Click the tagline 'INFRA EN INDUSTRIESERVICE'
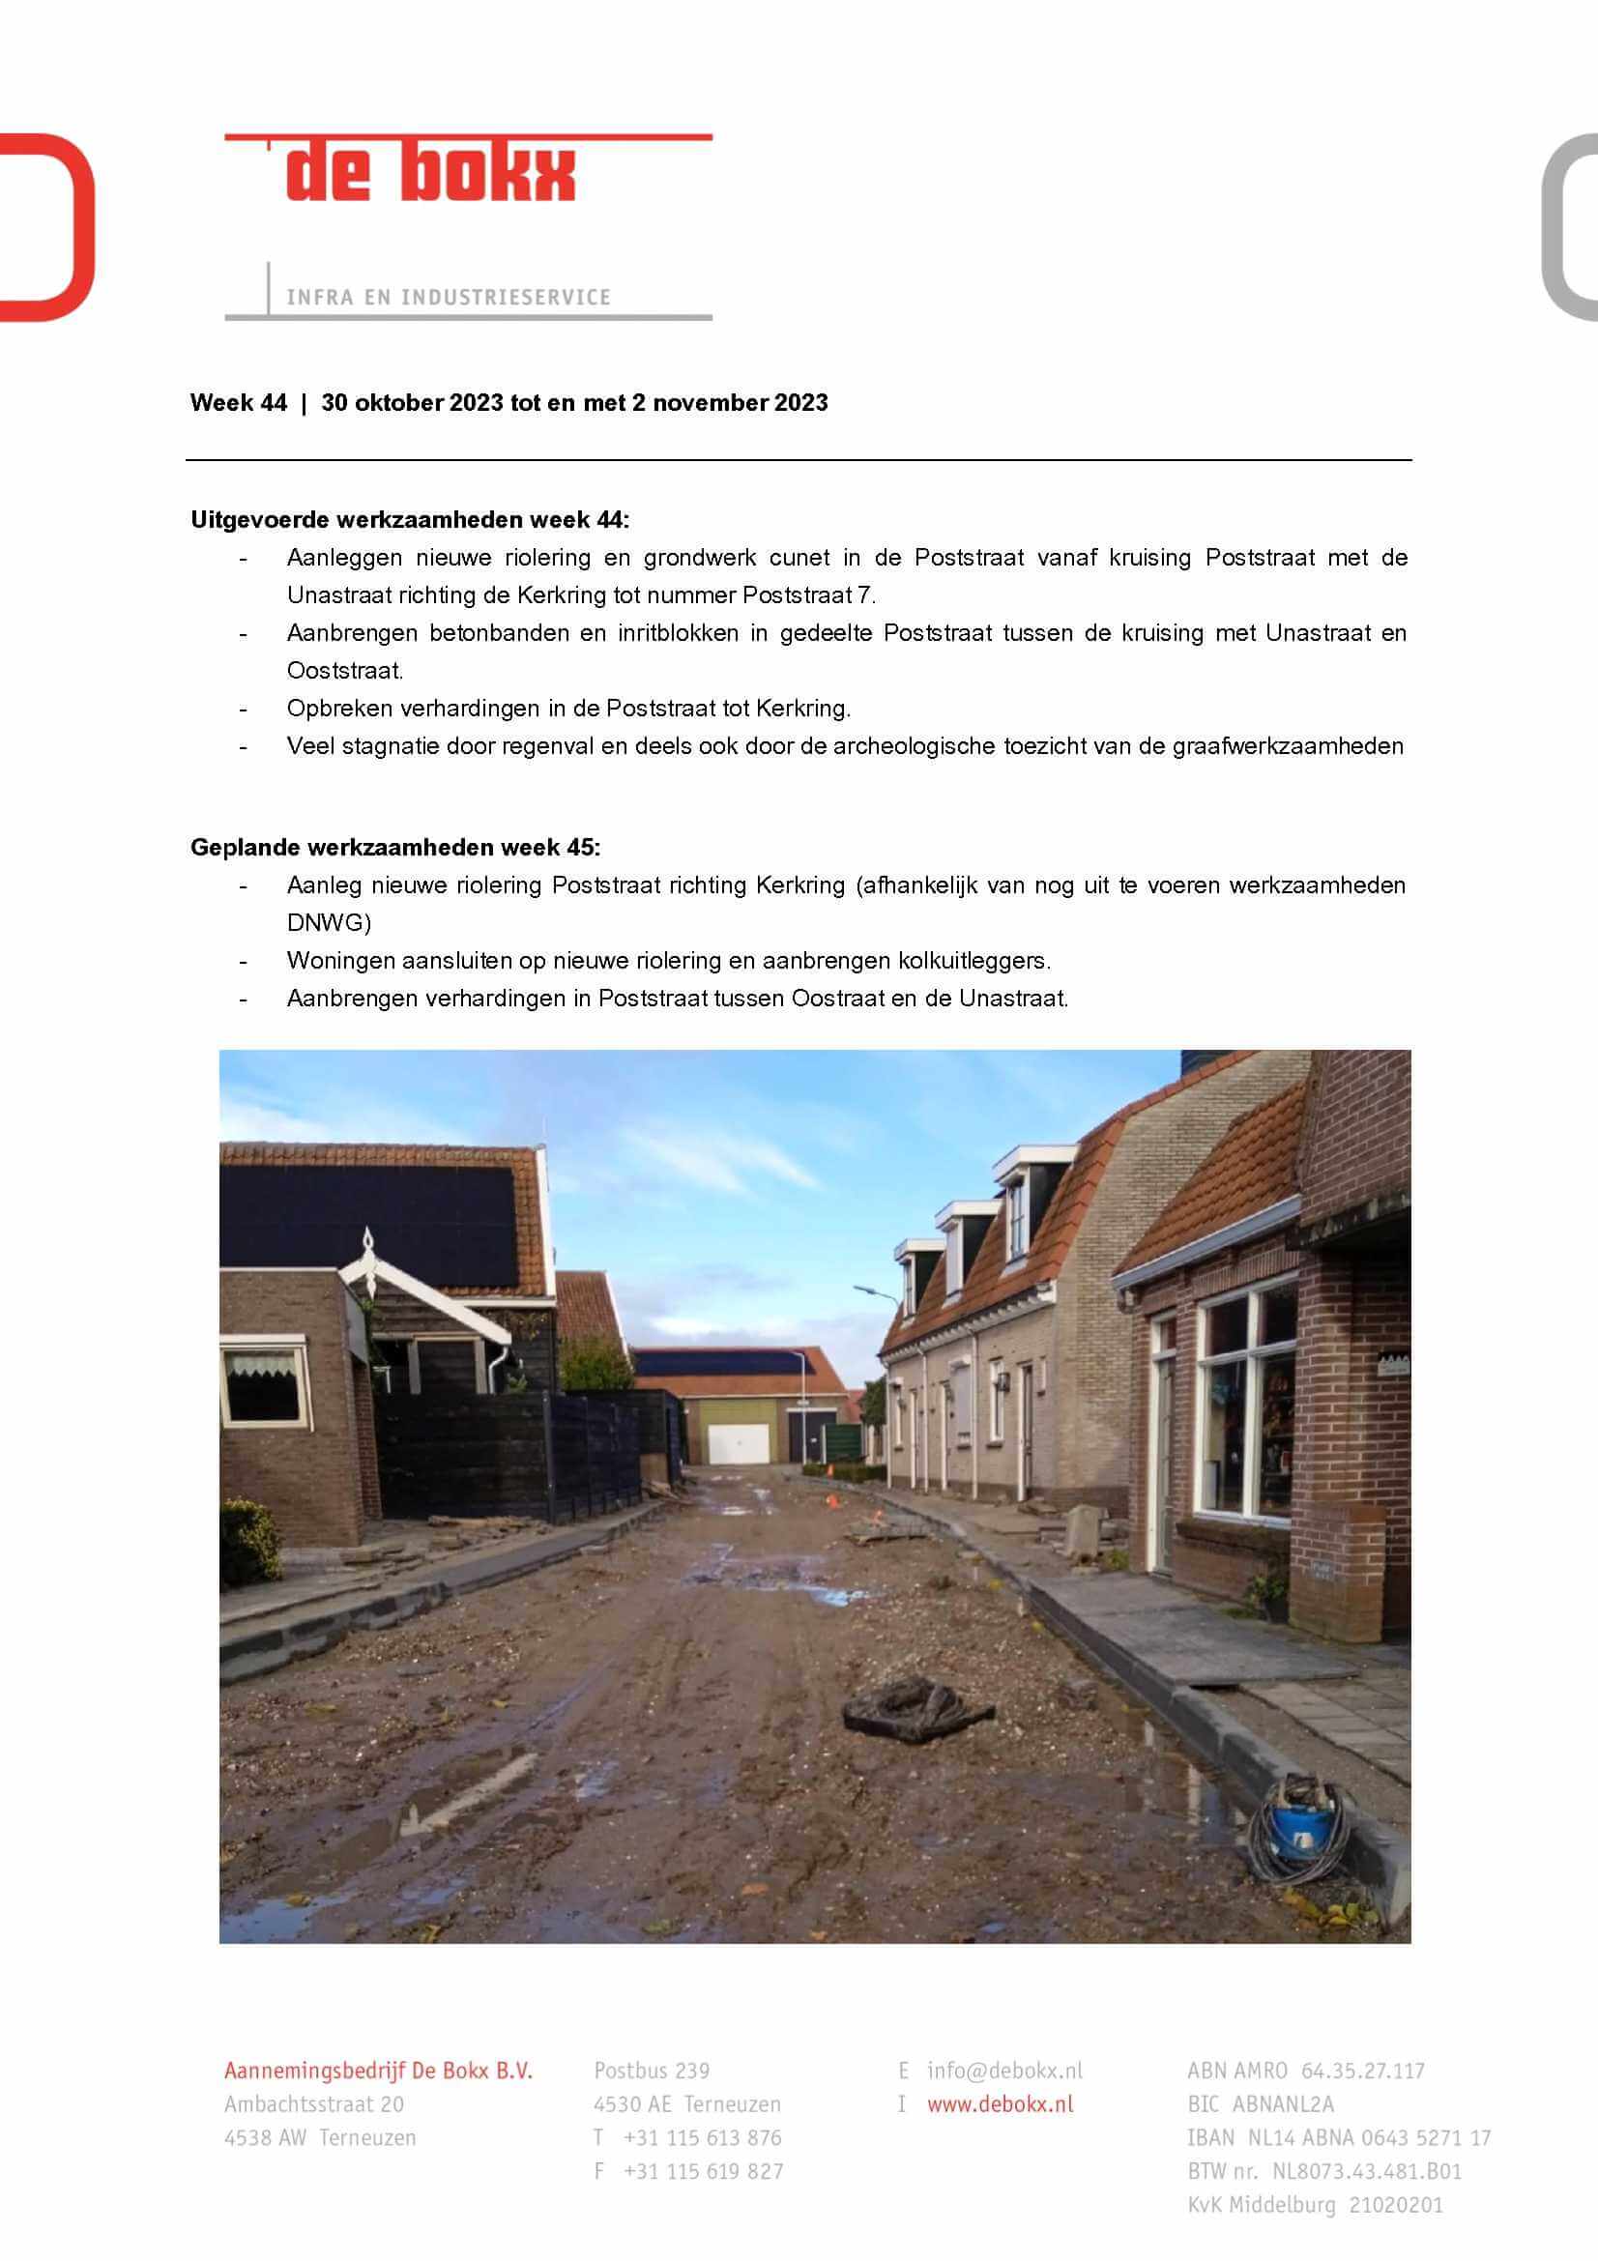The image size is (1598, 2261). (448, 297)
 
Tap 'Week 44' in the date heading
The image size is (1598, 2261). (238, 403)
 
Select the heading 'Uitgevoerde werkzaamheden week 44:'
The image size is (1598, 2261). (410, 519)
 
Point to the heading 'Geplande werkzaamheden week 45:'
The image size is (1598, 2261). (394, 847)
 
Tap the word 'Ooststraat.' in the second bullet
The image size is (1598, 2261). (344, 671)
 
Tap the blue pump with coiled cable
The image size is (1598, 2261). (1297, 1830)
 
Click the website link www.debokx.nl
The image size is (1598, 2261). (1000, 2104)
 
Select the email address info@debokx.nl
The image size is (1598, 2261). (1003, 2071)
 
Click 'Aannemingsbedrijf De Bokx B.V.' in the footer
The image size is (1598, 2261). (378, 2071)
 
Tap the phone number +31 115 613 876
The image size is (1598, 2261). (701, 2138)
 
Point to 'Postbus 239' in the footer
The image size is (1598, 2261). (651, 2071)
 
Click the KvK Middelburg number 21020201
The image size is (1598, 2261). (1395, 2205)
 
